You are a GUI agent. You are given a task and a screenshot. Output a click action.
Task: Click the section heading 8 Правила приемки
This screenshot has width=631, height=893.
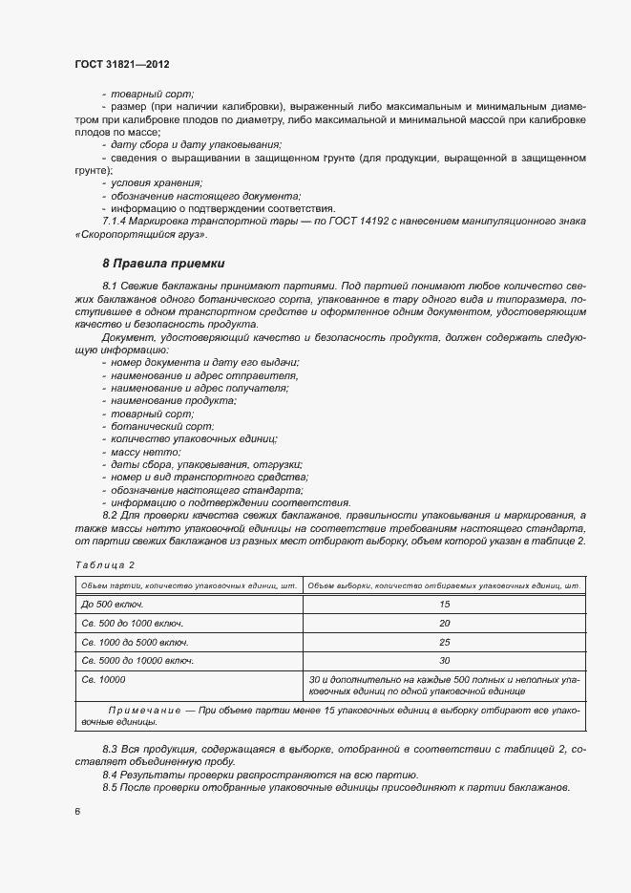(x=162, y=263)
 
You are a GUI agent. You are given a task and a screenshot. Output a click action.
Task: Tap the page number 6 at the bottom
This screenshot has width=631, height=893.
(x=76, y=811)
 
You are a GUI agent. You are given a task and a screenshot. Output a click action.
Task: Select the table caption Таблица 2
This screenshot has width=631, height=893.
(x=104, y=564)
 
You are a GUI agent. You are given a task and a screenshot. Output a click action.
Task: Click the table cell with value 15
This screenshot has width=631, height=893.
(x=444, y=605)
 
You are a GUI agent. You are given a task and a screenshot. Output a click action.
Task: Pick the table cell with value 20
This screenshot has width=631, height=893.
(x=444, y=623)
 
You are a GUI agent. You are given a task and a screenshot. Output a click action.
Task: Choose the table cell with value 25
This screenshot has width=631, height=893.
(x=444, y=642)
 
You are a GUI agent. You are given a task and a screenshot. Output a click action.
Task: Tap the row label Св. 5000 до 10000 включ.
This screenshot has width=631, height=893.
(x=138, y=660)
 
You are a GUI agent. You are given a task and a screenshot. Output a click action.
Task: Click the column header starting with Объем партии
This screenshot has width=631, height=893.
(x=189, y=585)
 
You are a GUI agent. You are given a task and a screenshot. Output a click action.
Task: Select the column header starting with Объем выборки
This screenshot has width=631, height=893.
(x=444, y=585)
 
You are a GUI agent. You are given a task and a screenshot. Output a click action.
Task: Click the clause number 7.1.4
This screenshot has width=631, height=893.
(x=117, y=221)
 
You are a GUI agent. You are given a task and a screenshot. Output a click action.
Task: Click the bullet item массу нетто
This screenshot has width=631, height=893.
(x=145, y=452)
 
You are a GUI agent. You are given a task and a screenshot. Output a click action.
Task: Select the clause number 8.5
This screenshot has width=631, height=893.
(x=113, y=787)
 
